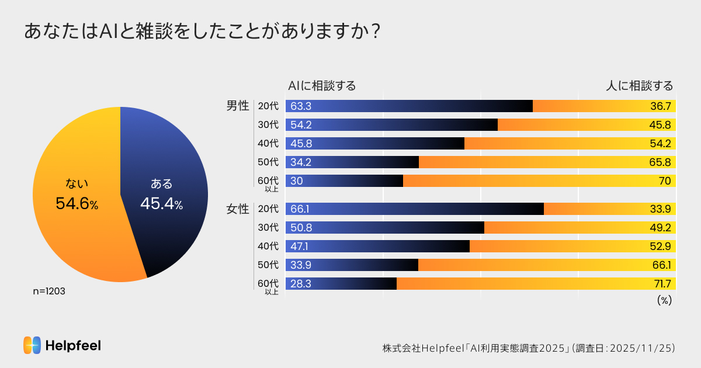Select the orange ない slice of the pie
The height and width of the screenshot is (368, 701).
[x=76, y=234]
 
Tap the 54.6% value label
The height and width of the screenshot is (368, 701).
[x=77, y=204]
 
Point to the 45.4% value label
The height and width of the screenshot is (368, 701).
[x=161, y=204]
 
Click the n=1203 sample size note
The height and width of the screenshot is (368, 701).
[x=48, y=291]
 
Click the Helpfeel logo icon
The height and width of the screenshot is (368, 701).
[x=32, y=345]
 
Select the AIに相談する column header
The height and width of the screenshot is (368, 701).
[x=322, y=86]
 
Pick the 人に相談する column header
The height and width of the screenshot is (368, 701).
[x=639, y=86]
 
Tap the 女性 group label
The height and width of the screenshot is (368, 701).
[x=238, y=209]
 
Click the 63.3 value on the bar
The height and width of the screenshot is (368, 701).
[x=301, y=106]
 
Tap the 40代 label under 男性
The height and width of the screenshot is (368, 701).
[x=268, y=144]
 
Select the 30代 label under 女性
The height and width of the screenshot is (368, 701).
[x=268, y=228]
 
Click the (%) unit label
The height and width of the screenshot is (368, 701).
[x=664, y=300]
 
